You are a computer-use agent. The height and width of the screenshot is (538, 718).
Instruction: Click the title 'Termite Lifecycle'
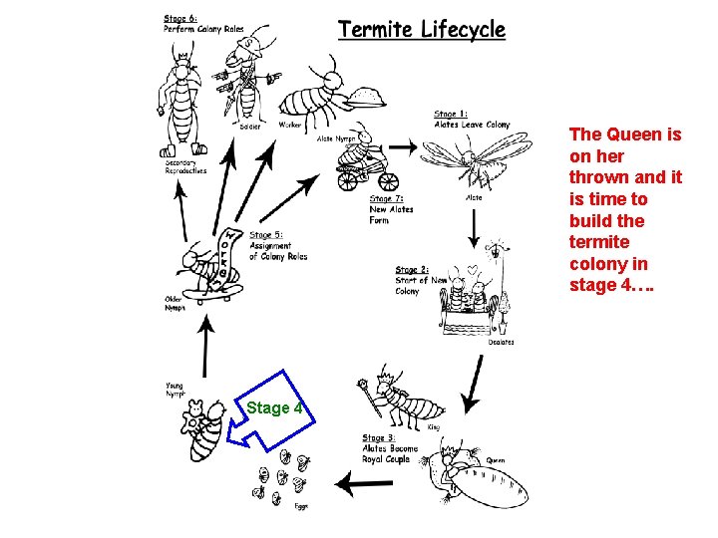point(422,30)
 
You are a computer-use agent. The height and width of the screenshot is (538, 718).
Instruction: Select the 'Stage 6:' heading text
point(180,17)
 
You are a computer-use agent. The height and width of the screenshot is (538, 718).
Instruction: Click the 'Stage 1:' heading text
point(451,115)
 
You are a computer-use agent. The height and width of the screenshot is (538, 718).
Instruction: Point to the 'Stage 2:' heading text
point(412,270)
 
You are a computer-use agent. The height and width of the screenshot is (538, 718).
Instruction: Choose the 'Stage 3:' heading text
point(379,438)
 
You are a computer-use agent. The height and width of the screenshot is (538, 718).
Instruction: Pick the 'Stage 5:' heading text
point(266,235)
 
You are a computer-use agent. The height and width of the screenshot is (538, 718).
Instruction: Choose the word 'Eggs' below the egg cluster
point(301,507)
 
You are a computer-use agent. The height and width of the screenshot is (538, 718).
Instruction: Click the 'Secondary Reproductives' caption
point(185,166)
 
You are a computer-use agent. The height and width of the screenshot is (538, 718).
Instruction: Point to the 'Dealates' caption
point(501,342)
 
